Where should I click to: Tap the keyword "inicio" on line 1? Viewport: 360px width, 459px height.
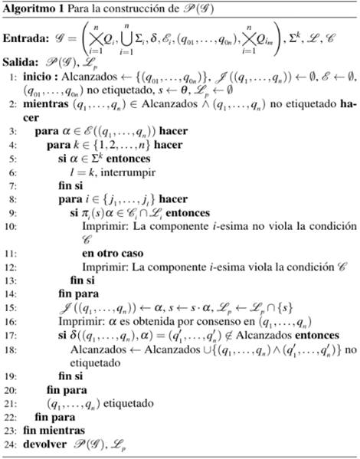click(34, 77)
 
